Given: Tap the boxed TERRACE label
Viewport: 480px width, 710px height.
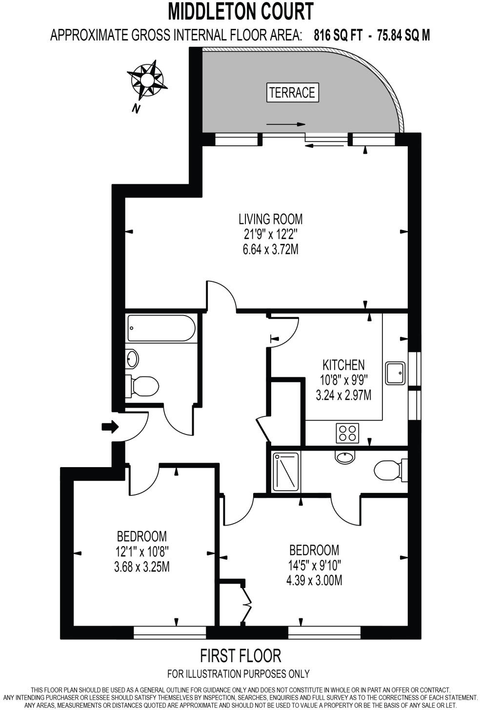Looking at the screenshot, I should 292,92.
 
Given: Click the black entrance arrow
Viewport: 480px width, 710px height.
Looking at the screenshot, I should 110,427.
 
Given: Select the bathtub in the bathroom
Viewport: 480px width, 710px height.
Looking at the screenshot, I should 161,328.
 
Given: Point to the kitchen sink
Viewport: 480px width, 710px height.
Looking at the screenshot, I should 395,373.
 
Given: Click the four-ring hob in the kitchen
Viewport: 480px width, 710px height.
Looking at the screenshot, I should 347,433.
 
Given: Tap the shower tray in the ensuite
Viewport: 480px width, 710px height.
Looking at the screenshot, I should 286,472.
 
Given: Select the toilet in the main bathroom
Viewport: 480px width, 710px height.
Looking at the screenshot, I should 143,386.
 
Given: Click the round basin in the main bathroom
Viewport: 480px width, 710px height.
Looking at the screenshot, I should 132,359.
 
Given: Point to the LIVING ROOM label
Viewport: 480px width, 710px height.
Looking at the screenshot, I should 270,218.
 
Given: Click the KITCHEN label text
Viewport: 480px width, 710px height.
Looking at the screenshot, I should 343,364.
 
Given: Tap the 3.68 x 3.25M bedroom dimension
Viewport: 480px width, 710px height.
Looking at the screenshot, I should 141,567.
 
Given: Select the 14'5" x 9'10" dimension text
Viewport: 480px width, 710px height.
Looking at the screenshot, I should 314,566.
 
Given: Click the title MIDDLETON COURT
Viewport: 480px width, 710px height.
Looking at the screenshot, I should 240,11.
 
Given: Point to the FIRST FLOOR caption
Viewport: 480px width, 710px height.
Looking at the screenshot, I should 240,655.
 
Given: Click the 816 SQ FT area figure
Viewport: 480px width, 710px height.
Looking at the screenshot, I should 338,35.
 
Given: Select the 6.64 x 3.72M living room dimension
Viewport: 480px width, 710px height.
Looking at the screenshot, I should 270,250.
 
